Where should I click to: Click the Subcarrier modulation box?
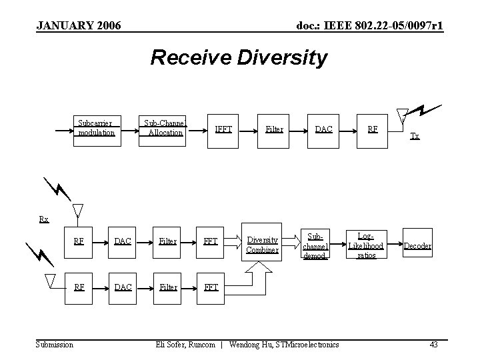pyautogui.click(x=97, y=128)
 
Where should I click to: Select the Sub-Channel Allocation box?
pyautogui.click(x=165, y=128)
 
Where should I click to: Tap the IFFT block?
pyautogui.click(x=223, y=129)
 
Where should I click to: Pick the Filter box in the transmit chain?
pyautogui.click(x=274, y=129)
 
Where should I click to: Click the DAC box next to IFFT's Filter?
pyautogui.click(x=325, y=129)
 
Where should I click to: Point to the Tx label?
pyautogui.click(x=415, y=136)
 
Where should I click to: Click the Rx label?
pyautogui.click(x=43, y=219)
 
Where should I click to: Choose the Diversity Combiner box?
pyautogui.click(x=262, y=245)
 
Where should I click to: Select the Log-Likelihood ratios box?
pyautogui.click(x=366, y=245)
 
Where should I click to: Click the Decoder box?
pyautogui.click(x=417, y=245)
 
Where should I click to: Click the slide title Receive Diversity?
pyautogui.click(x=239, y=58)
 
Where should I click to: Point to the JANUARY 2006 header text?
pyautogui.click(x=78, y=25)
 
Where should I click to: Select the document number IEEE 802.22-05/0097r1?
pyautogui.click(x=370, y=25)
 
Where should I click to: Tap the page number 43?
pyautogui.click(x=433, y=344)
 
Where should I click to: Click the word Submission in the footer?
pyautogui.click(x=55, y=344)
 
